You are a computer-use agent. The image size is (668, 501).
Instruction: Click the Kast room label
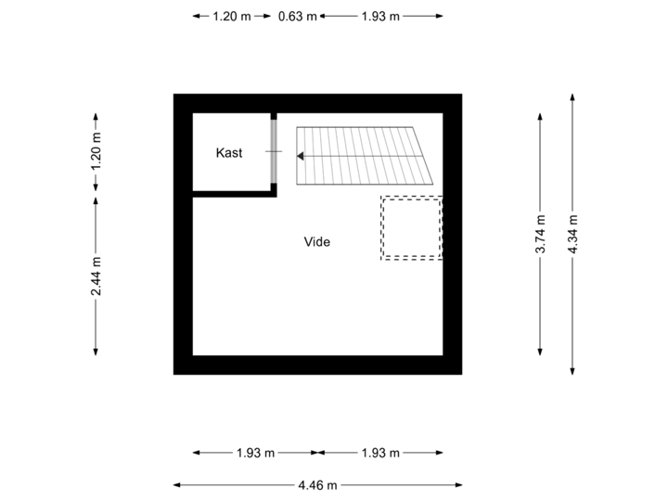(x=229, y=153)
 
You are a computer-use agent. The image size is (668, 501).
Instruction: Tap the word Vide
(x=317, y=242)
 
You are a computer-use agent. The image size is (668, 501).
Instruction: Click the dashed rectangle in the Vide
(x=411, y=228)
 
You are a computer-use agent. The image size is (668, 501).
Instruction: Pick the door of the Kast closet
(x=274, y=150)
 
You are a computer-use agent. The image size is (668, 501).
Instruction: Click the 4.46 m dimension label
(x=317, y=484)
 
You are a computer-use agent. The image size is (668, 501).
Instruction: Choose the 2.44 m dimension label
(x=96, y=276)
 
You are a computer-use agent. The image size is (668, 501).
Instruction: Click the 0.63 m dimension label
(x=298, y=17)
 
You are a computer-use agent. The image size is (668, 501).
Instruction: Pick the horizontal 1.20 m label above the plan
(x=231, y=17)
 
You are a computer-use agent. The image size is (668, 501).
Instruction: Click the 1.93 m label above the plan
(x=380, y=17)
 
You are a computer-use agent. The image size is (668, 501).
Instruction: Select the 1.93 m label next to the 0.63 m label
(x=380, y=17)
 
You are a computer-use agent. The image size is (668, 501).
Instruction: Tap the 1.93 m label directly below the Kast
(x=255, y=453)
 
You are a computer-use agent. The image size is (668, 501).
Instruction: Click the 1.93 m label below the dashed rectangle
(x=380, y=453)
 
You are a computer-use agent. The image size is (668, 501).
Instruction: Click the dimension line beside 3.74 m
(x=541, y=306)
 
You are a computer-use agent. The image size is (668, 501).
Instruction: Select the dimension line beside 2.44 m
(x=96, y=325)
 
